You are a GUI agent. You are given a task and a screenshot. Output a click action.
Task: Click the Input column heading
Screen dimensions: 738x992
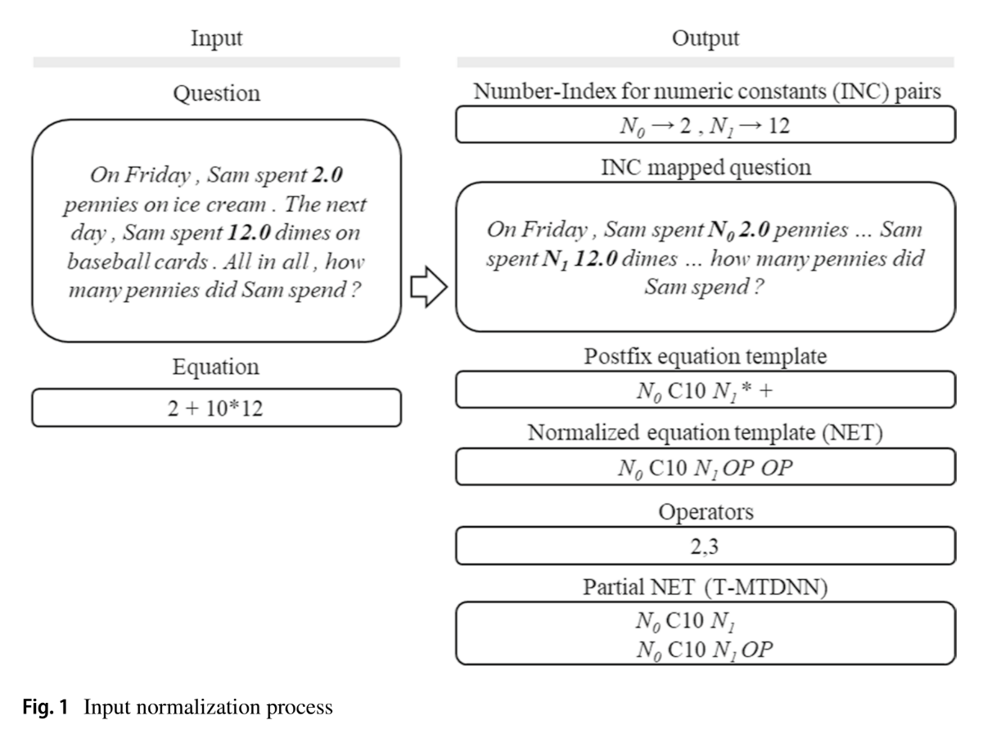(x=216, y=38)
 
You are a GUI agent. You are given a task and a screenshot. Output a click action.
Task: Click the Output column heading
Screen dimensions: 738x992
(x=706, y=38)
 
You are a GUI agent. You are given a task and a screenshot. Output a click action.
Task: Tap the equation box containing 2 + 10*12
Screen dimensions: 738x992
(x=216, y=407)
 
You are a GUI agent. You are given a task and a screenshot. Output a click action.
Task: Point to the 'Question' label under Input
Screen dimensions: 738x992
(x=216, y=93)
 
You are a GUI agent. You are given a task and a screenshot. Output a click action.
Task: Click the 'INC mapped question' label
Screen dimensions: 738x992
(x=706, y=169)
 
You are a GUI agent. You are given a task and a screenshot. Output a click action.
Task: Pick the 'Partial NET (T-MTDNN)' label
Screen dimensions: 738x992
(x=706, y=589)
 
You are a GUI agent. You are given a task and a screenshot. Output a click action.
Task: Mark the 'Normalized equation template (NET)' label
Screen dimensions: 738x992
(x=706, y=434)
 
